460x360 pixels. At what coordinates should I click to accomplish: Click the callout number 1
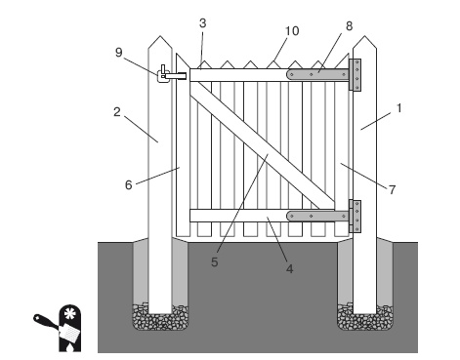[x=399, y=108]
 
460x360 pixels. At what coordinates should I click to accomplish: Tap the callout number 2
[x=117, y=112]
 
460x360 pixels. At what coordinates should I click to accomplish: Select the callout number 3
[x=202, y=23]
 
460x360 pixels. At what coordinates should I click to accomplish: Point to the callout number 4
[x=289, y=269]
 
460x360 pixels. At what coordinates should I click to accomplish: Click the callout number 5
[x=214, y=262]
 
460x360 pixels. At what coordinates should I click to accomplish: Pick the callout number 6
[x=129, y=185]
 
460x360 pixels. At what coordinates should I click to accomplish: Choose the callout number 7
[x=392, y=189]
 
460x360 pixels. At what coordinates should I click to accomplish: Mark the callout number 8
[x=349, y=26]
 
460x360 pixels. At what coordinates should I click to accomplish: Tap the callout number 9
[x=119, y=52]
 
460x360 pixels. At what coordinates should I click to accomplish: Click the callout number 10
[x=292, y=31]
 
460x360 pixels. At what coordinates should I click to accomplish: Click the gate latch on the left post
[x=172, y=74]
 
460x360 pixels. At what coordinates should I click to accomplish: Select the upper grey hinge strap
[x=317, y=75]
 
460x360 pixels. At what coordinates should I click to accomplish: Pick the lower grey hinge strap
[x=317, y=216]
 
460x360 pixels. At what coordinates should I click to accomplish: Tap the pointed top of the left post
[x=160, y=36]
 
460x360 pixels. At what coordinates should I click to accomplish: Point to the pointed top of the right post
[x=365, y=36]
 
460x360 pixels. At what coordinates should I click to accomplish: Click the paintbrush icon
[x=57, y=328]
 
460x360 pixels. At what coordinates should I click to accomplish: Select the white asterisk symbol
[x=69, y=313]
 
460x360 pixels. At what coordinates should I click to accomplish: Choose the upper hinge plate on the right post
[x=355, y=75]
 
